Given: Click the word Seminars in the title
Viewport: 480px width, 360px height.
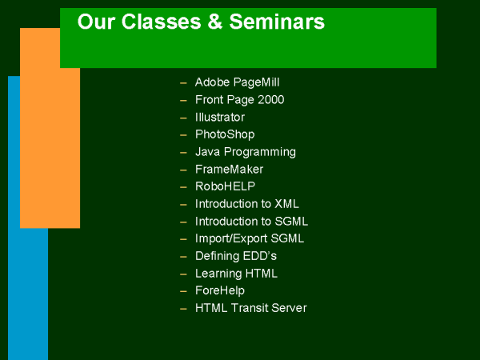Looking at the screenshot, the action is (x=277, y=22).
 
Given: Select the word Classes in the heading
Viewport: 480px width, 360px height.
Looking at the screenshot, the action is (x=161, y=22).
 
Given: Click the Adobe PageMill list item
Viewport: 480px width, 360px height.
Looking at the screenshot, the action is (x=238, y=82).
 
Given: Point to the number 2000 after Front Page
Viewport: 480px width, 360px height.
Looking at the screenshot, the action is (x=271, y=99).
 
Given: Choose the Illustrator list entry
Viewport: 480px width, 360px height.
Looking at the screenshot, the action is (x=220, y=118).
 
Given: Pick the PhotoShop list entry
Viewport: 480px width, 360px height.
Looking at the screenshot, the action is (x=225, y=134).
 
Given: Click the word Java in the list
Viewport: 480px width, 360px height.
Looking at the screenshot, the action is (x=207, y=152).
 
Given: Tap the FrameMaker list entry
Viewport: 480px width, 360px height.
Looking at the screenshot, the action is (x=229, y=170).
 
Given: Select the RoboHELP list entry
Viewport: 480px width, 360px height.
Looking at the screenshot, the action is (x=225, y=186).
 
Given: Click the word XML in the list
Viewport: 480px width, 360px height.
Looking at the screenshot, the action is (x=286, y=204).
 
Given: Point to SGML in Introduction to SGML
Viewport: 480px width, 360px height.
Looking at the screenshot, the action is (x=291, y=222).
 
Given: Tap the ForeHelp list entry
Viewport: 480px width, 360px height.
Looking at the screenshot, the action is (x=220, y=290).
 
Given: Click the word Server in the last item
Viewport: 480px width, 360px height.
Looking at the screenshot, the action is (x=289, y=308).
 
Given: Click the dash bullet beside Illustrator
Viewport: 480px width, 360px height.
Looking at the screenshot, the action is (x=183, y=118).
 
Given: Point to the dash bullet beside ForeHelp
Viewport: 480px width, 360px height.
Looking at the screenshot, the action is (x=183, y=291).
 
